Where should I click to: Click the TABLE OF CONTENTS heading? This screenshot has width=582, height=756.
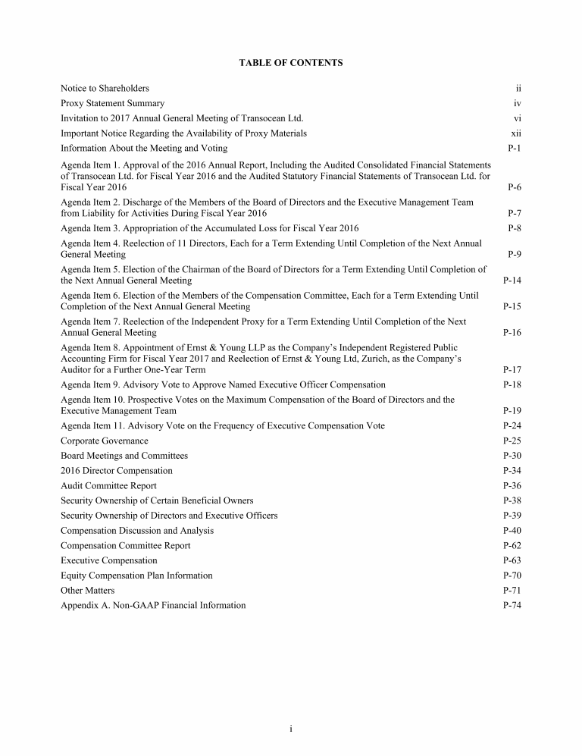click(291, 63)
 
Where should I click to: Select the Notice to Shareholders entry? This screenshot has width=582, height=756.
click(105, 89)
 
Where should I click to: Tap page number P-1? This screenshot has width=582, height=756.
click(514, 149)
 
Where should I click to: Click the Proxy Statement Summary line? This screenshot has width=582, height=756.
click(112, 103)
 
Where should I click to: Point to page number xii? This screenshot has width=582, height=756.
click(516, 133)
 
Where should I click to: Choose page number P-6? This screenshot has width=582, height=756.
click(514, 187)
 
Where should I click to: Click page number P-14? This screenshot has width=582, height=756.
click(512, 281)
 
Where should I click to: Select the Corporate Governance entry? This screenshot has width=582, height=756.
click(105, 441)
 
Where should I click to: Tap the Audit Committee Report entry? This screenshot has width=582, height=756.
click(108, 486)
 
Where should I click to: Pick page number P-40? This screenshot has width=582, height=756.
click(512, 531)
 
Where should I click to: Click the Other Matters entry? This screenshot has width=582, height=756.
click(88, 591)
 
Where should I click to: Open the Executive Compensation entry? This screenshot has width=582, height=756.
click(109, 560)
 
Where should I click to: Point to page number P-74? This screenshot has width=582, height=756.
click(512, 605)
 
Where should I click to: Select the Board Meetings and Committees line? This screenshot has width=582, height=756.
click(124, 456)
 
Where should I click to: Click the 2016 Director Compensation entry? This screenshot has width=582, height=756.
click(117, 471)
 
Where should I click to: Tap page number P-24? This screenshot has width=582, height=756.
click(512, 426)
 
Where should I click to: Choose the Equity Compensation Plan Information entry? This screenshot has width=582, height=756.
click(136, 576)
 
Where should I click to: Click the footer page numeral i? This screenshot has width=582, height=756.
click(291, 729)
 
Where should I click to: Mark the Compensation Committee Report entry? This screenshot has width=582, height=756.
click(126, 546)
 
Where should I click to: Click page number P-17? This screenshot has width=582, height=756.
click(512, 370)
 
